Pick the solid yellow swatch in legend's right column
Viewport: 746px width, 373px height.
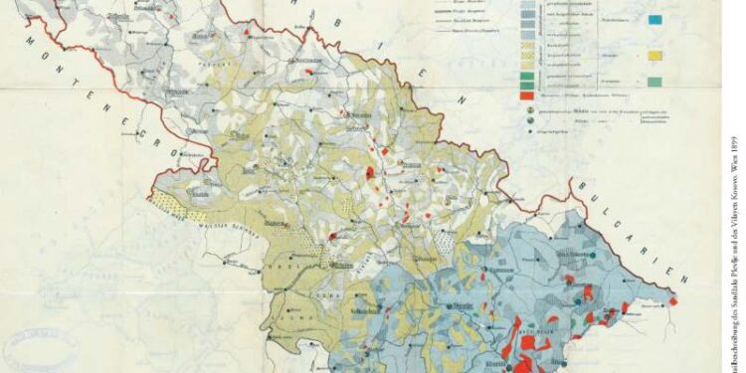tap(654, 56)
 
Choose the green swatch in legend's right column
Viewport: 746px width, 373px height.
tap(654, 81)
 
